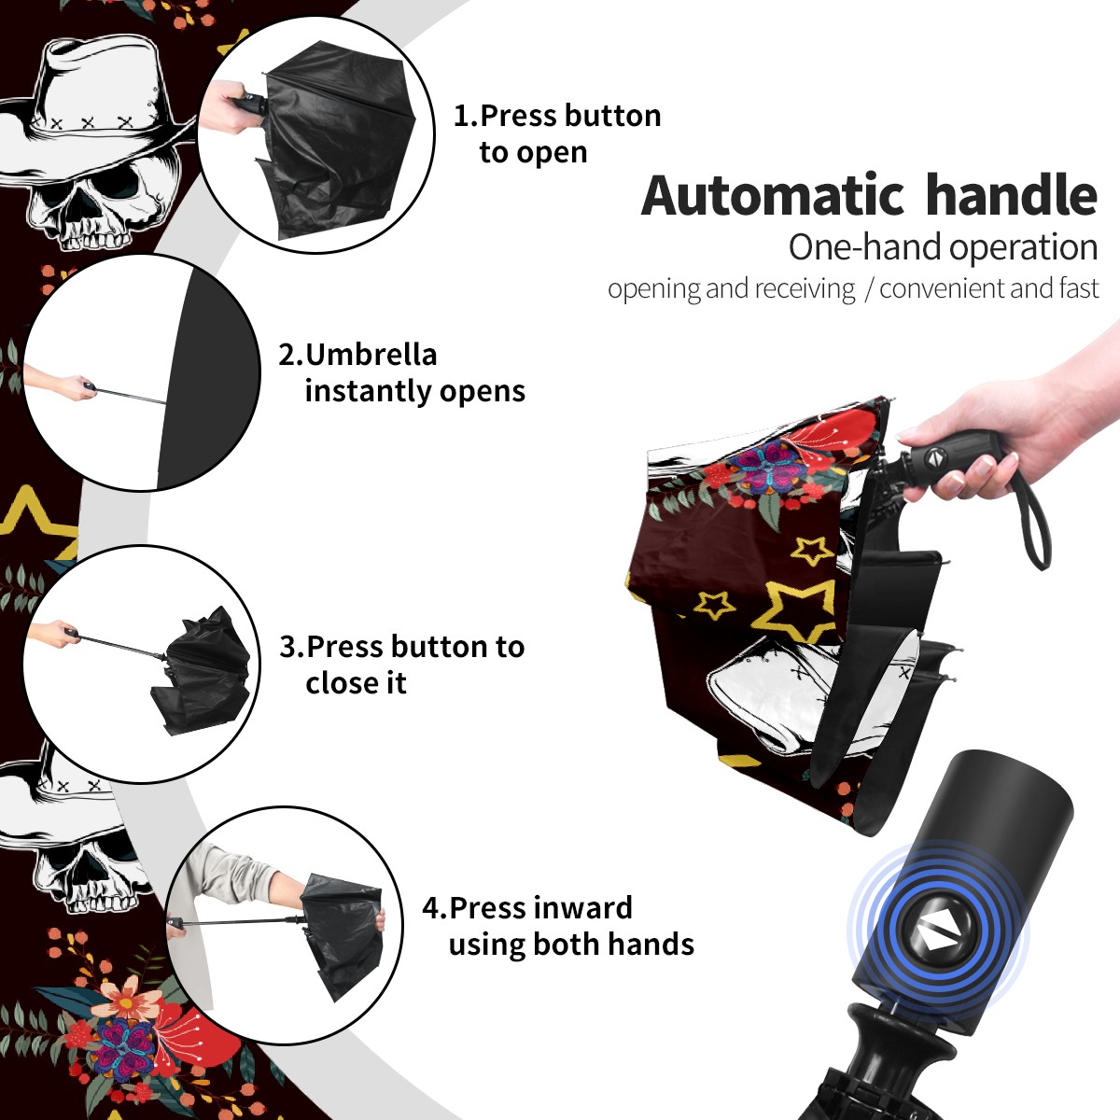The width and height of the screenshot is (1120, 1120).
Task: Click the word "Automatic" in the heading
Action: pyautogui.click(x=773, y=195)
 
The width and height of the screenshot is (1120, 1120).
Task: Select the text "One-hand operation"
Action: pyautogui.click(x=943, y=247)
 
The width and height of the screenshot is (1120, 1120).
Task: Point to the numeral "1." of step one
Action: pyautogui.click(x=466, y=116)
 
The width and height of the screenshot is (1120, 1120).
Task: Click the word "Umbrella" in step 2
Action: pyautogui.click(x=371, y=355)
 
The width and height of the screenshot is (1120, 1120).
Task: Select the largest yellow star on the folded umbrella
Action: pyautogui.click(x=799, y=610)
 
